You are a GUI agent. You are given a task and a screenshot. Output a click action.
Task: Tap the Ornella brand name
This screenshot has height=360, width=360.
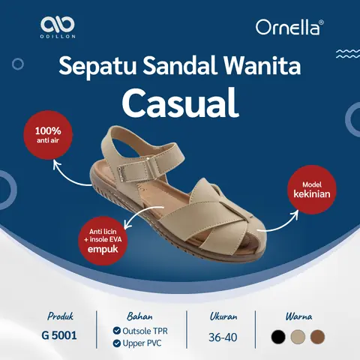(x=289, y=28)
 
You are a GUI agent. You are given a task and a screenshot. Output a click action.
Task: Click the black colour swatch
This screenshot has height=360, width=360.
(x=279, y=336)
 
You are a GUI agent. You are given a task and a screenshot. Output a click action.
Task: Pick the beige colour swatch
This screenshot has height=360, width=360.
(x=298, y=336)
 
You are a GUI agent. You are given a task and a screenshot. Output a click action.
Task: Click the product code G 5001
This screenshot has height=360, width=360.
(x=60, y=336)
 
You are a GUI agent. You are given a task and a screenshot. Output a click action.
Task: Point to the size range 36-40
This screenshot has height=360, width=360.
(x=223, y=337)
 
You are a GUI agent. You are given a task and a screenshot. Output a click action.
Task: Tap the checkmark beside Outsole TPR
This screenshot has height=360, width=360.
(x=116, y=330)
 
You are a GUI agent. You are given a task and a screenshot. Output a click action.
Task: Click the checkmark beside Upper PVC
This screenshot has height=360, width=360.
(x=116, y=343)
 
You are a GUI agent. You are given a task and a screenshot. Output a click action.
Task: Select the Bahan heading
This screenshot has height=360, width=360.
(x=134, y=316)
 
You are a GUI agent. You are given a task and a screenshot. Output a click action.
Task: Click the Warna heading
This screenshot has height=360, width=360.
(x=298, y=316)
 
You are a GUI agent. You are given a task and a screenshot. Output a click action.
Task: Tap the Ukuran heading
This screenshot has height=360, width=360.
(x=223, y=316)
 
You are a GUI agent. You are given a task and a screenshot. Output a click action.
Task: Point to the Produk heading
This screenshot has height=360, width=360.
(x=60, y=316)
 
